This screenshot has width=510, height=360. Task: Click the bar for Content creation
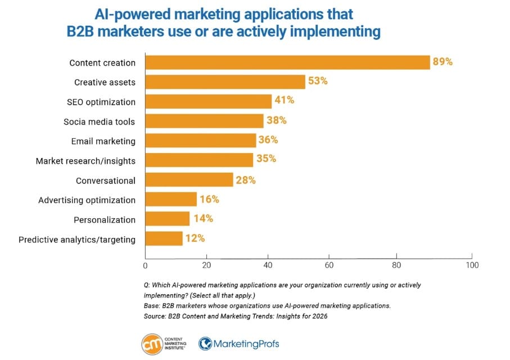pyautogui.click(x=287, y=62)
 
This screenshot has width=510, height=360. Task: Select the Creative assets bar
pyautogui.click(x=225, y=82)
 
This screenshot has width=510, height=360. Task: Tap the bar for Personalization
pyautogui.click(x=168, y=219)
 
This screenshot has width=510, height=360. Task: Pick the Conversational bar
pyautogui.click(x=189, y=180)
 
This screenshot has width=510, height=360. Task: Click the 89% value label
pyautogui.click(x=443, y=62)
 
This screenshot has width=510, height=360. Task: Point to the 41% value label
pyautogui.click(x=284, y=101)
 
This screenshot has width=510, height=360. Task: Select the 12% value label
pyautogui.click(x=195, y=238)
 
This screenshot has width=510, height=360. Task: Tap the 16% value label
pyautogui.click(x=209, y=199)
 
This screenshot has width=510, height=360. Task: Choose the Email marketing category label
pyautogui.click(x=103, y=141)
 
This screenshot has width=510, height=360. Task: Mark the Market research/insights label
pyautogui.click(x=85, y=161)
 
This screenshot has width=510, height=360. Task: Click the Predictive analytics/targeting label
pyautogui.click(x=77, y=239)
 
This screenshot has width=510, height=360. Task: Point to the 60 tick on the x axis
pyautogui.click(x=329, y=265)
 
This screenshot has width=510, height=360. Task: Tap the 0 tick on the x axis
pyautogui.click(x=146, y=265)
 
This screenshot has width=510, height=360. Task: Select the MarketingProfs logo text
pyautogui.click(x=246, y=343)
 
